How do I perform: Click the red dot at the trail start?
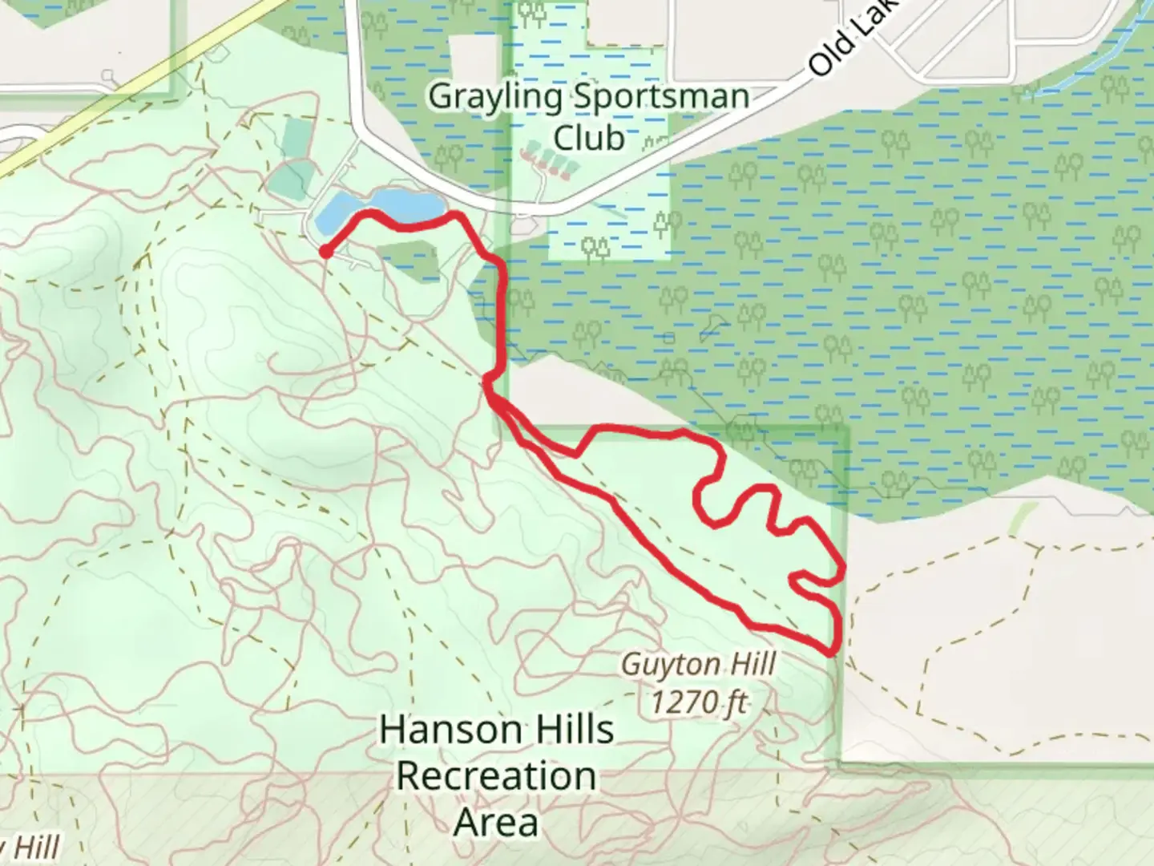pos(325,252)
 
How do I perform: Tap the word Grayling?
pos(494,98)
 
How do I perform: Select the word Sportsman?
pos(660,98)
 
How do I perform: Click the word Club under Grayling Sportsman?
pos(589,138)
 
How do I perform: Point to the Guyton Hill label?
pos(698,664)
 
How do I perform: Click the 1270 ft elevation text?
pos(698,702)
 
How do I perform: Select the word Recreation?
pos(496,776)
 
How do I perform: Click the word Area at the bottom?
pos(496,823)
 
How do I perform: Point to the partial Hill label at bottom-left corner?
pos(32,848)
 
